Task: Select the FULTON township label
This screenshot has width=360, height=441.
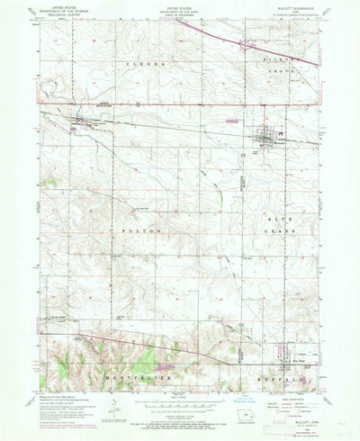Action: point(128,231)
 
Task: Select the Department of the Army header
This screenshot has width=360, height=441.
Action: point(180,13)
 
